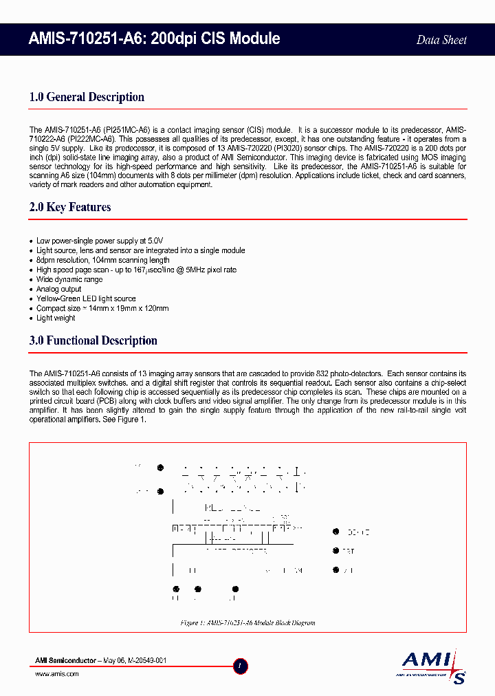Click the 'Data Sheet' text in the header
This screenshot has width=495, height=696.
(x=441, y=40)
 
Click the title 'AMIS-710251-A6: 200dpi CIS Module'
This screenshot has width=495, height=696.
(x=154, y=39)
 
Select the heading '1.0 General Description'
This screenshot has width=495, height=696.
(x=87, y=97)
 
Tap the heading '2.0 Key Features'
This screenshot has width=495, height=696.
(x=70, y=207)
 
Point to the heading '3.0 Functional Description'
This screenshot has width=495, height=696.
(x=93, y=340)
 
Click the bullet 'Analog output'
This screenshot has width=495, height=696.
(x=58, y=290)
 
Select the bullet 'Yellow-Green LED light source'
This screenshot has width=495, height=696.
(x=86, y=299)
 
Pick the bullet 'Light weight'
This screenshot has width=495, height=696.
(x=56, y=318)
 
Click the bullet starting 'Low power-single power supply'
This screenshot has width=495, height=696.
(x=100, y=241)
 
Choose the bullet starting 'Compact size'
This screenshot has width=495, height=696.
(x=102, y=309)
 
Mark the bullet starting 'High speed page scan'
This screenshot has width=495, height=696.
(x=136, y=270)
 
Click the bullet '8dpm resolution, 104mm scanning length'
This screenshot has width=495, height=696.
(x=102, y=261)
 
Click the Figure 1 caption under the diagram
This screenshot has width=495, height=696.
(x=247, y=622)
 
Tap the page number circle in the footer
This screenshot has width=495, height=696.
(x=240, y=666)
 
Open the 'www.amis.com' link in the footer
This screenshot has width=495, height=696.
(x=56, y=674)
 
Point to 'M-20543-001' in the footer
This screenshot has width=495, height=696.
(x=145, y=660)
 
